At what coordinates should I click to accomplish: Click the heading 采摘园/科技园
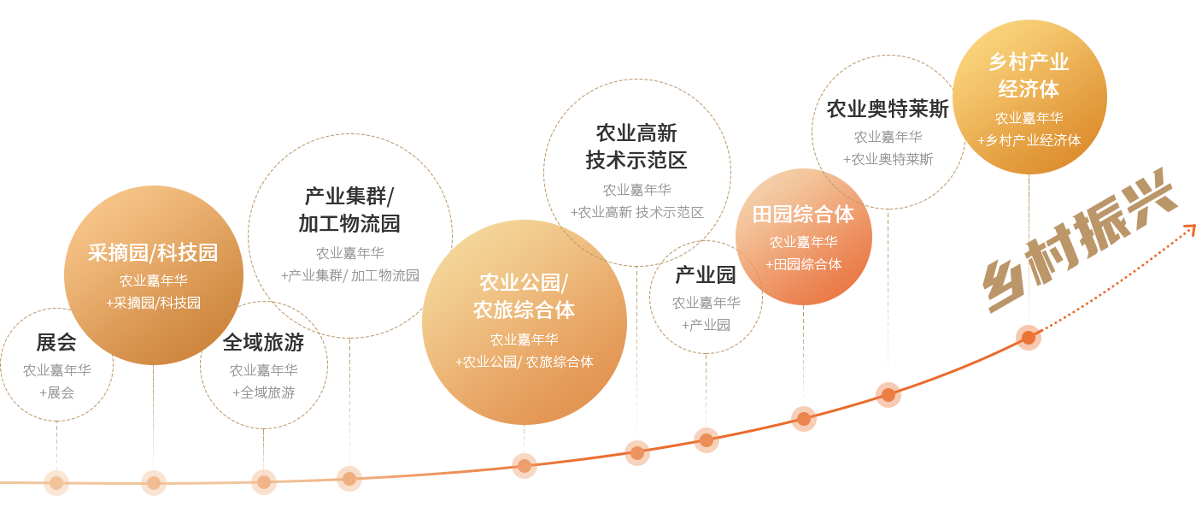[153, 253]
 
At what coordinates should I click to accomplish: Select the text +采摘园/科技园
[153, 303]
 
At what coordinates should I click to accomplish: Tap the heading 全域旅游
[263, 343]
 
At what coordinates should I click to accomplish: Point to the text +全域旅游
[263, 392]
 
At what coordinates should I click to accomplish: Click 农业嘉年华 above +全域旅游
[263, 370]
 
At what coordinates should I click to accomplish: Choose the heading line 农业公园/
[524, 283]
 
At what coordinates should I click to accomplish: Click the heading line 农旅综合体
[524, 310]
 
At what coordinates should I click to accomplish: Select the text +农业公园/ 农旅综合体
[524, 362]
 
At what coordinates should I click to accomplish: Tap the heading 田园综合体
[803, 215]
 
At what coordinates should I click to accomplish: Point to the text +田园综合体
[803, 264]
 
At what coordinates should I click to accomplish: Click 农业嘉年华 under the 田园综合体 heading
[803, 242]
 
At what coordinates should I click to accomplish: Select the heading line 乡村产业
[1029, 62]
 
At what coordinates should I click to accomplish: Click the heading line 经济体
[1029, 89]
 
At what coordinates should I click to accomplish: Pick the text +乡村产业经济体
[1029, 140]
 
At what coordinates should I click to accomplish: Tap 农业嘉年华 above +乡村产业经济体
[1029, 118]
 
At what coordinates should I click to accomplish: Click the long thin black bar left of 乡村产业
[887, 109]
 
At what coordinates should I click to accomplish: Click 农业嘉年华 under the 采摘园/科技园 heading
[153, 280]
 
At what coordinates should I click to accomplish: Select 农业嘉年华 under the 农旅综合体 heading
[524, 339]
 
